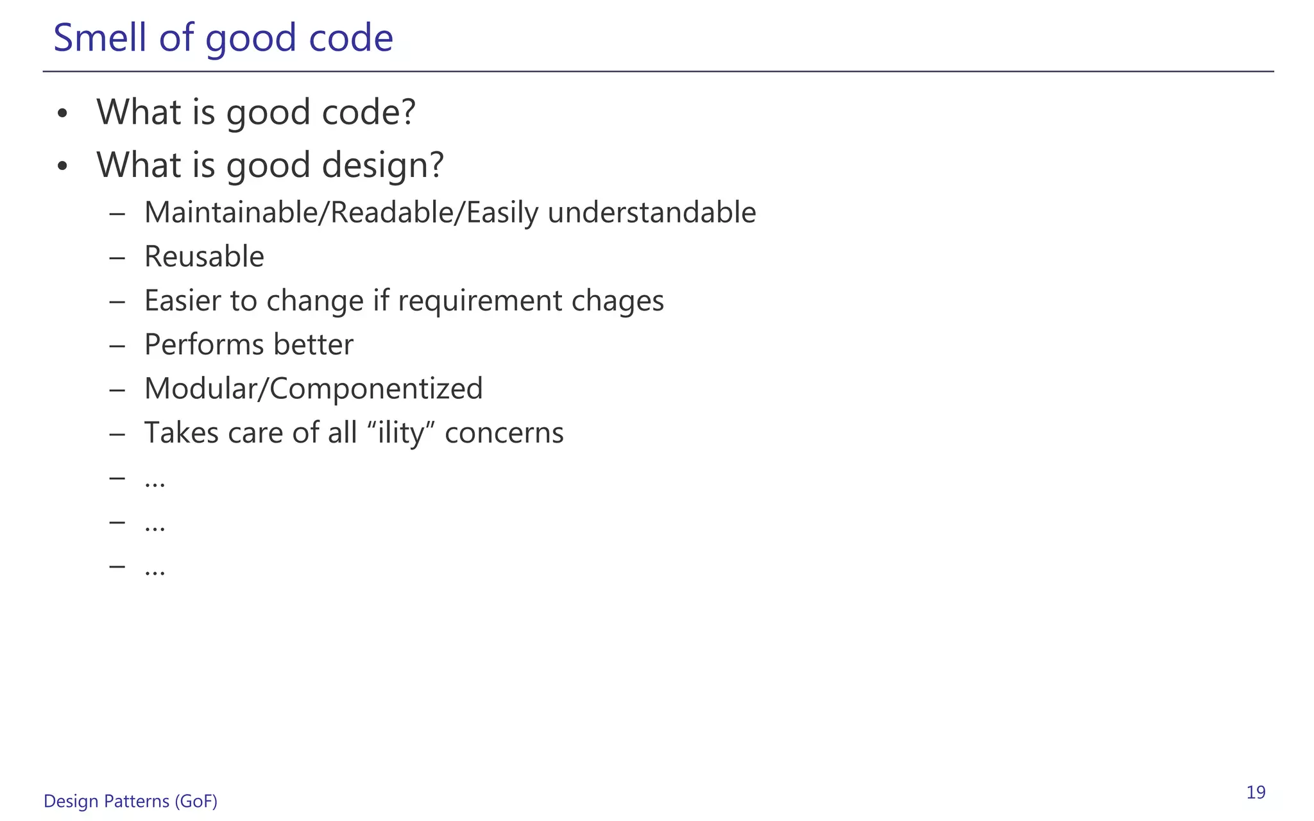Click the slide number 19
[x=1256, y=793]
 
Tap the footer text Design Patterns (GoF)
[x=130, y=801]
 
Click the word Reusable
[x=204, y=257]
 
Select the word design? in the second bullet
[x=382, y=165]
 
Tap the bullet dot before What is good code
[x=62, y=114]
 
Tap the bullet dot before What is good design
[x=62, y=167]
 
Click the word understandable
[x=651, y=212]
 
